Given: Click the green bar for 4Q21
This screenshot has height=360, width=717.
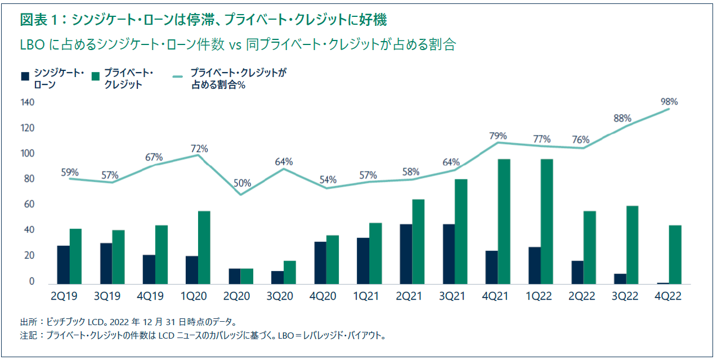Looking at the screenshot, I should pos(504,222).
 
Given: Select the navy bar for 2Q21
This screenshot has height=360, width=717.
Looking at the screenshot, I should pos(406,254).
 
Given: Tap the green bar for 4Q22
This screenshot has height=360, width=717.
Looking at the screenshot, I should pos(675,255).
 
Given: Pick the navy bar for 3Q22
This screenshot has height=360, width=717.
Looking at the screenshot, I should pos(620,279).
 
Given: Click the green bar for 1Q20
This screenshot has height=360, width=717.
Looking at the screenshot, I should pos(204,247).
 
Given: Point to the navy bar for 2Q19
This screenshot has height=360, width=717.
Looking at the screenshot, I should pos(63,265).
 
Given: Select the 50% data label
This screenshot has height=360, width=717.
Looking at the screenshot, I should pos(243,183).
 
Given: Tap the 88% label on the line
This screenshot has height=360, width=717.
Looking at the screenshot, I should pos(622,119).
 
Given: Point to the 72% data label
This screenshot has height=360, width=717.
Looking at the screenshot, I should pos(199,149).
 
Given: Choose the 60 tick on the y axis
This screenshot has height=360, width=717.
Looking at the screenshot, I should pos(29,205).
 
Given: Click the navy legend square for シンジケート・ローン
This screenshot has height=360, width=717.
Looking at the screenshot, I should pos(25,75).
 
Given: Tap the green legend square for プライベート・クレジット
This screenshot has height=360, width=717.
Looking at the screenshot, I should pos(95,75).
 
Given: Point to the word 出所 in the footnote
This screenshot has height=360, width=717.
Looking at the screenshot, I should pos(28,322).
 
